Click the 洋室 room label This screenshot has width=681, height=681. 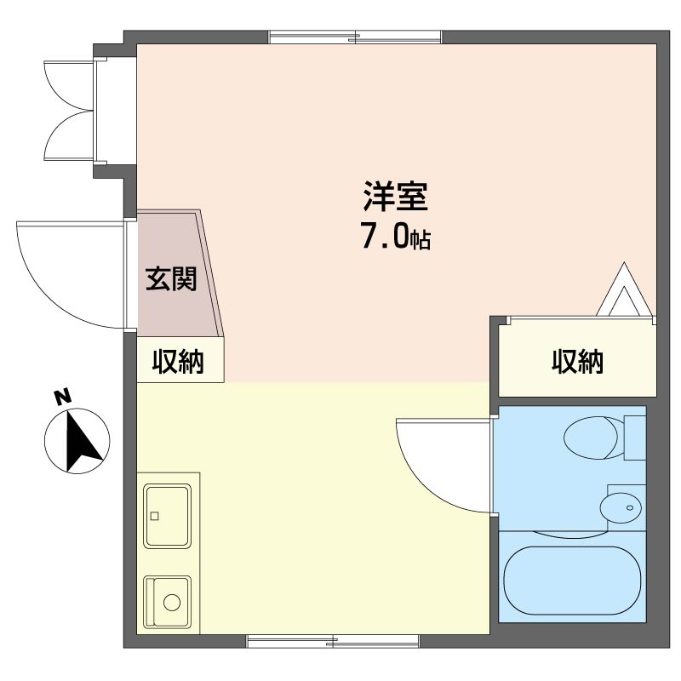(x=395, y=198)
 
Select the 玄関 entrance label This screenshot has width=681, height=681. (x=170, y=279)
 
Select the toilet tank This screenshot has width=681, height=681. (x=634, y=437)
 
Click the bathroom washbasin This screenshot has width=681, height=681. (x=620, y=508)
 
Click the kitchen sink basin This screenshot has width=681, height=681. (x=168, y=515)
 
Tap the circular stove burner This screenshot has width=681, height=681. (x=173, y=602)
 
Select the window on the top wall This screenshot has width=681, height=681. (x=355, y=37)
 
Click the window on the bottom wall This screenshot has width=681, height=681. (x=332, y=641)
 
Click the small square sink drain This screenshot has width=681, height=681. (x=154, y=516)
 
